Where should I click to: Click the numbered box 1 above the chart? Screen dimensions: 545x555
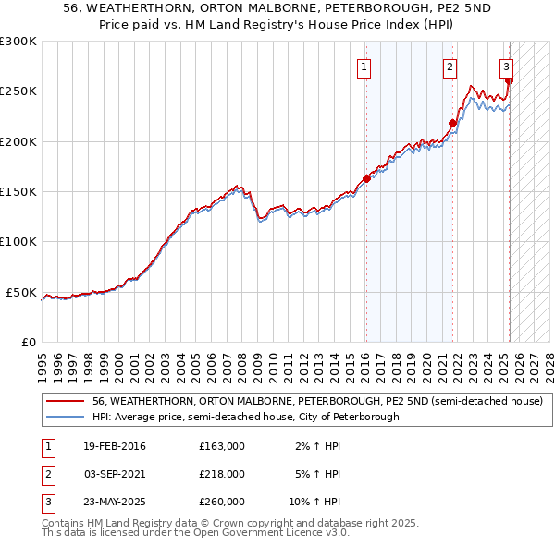[x=364, y=67]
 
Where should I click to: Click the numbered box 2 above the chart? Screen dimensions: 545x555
[x=450, y=67]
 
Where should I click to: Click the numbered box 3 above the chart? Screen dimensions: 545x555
[x=507, y=67]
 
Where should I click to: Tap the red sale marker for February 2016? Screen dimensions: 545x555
[x=366, y=179]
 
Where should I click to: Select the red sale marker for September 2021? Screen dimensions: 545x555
[x=452, y=123]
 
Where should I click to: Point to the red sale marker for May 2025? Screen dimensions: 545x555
[x=510, y=81]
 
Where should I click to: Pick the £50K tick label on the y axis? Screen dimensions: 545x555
[x=21, y=292]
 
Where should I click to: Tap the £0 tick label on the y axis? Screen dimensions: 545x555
[x=28, y=342]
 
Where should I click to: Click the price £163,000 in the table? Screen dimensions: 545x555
[x=222, y=446]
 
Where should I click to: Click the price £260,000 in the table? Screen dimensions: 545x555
[x=222, y=502]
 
